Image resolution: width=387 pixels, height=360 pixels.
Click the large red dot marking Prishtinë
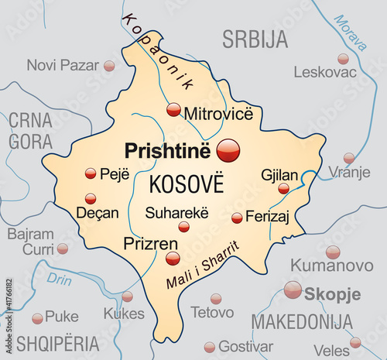pyautogui.click(x=228, y=149)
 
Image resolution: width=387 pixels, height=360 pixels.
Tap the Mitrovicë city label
pyautogui.click(x=218, y=114)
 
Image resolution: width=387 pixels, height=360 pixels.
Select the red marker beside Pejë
pyautogui.click(x=91, y=173)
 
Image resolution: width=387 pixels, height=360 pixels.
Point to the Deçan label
pyautogui.click(x=98, y=211)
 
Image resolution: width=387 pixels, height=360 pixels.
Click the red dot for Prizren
pyautogui.click(x=173, y=258)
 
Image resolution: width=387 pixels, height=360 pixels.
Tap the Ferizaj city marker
pyautogui.click(x=237, y=218)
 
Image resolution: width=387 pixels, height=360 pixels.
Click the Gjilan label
pyautogui.click(x=279, y=174)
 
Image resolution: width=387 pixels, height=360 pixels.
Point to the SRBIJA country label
pyautogui.click(x=255, y=39)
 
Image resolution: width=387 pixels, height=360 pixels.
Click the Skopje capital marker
pyautogui.click(x=293, y=290)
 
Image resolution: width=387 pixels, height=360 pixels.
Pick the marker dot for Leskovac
pyautogui.click(x=343, y=59)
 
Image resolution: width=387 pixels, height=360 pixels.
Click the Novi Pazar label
pyautogui.click(x=63, y=65)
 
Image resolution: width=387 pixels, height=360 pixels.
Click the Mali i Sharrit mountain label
pyautogui.click(x=203, y=266)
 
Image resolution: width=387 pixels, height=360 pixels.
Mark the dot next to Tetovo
pyautogui.click(x=216, y=299)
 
